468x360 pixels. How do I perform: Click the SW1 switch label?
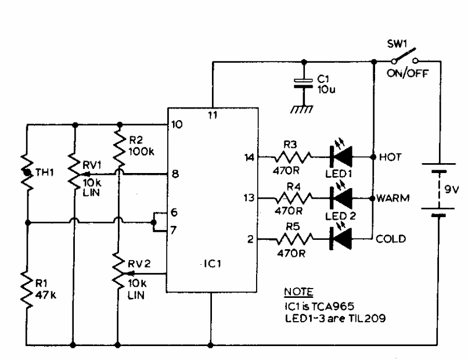click(397, 44)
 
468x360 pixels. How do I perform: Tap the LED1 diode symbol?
click(341, 156)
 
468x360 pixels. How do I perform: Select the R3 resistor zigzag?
click(293, 157)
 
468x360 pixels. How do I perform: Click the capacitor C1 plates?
click(303, 84)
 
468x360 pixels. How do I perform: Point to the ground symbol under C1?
click(302, 109)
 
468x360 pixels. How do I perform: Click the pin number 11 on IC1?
click(213, 115)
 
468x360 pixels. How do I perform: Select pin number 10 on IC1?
click(177, 124)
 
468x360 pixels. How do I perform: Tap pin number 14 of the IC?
click(250, 157)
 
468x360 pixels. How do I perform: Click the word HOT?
click(390, 157)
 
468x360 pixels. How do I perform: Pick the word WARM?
click(393, 198)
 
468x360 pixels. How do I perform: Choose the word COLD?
click(391, 239)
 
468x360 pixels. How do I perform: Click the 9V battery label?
click(451, 189)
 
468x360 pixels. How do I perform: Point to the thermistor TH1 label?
click(45, 172)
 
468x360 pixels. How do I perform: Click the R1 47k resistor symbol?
click(27, 290)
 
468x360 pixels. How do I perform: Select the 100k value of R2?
click(142, 152)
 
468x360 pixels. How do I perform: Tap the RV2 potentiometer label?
click(139, 264)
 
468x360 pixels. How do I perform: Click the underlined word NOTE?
click(298, 291)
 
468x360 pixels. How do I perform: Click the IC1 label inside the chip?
click(212, 264)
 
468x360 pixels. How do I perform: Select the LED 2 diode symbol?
click(341, 197)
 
